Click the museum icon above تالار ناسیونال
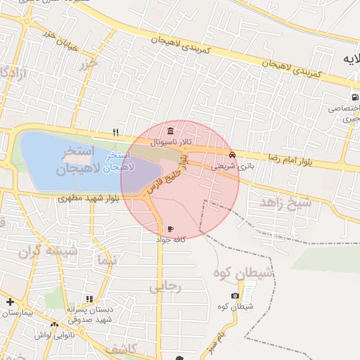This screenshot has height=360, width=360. (171, 131)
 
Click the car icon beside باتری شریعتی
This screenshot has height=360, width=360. (232, 155)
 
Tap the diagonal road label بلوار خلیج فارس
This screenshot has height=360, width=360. (167, 176)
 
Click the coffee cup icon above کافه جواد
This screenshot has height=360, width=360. (170, 229)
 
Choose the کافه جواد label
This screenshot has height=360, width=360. (170, 240)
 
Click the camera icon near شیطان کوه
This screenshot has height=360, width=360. (235, 296)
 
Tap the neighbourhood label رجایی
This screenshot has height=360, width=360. (165, 286)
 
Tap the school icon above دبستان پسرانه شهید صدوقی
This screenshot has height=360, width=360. (89, 299)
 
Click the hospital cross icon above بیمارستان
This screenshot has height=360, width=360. (9, 302)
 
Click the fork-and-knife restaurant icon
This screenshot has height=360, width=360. (115, 131)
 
